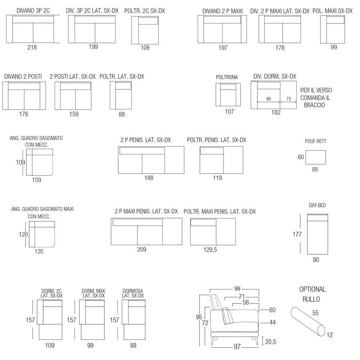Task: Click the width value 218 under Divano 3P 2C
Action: tap(32, 47)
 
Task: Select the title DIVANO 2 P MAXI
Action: tap(222, 11)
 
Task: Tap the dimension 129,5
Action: tap(210, 249)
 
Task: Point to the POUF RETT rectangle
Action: tap(315, 157)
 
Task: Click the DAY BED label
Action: tap(317, 205)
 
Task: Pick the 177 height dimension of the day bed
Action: tap(297, 234)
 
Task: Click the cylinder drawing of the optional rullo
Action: tap(308, 321)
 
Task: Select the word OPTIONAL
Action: tap(312, 289)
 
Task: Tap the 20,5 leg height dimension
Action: tap(270, 342)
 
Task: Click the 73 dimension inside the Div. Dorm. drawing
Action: tap(289, 99)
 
